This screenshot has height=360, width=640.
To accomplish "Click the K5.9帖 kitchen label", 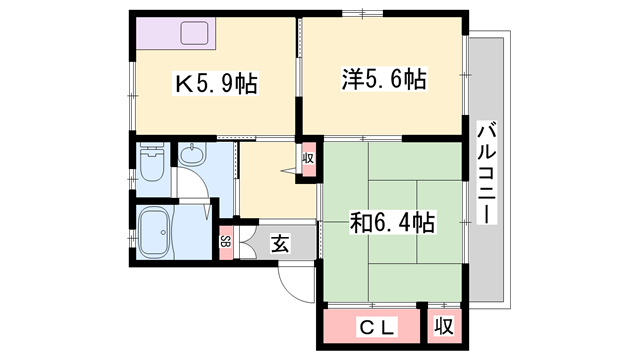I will (x=217, y=85).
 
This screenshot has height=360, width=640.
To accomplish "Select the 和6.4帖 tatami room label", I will (x=390, y=221).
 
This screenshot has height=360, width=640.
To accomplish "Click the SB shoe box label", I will (x=225, y=241).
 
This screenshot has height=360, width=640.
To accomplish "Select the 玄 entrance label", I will (x=281, y=242).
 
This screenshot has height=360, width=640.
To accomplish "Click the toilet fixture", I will (x=152, y=164).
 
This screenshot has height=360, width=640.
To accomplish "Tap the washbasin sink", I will (x=191, y=156).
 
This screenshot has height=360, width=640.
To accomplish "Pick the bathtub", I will (x=156, y=233).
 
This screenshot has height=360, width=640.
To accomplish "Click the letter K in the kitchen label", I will (x=184, y=85).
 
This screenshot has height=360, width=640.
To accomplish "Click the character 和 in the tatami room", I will (x=359, y=221).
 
